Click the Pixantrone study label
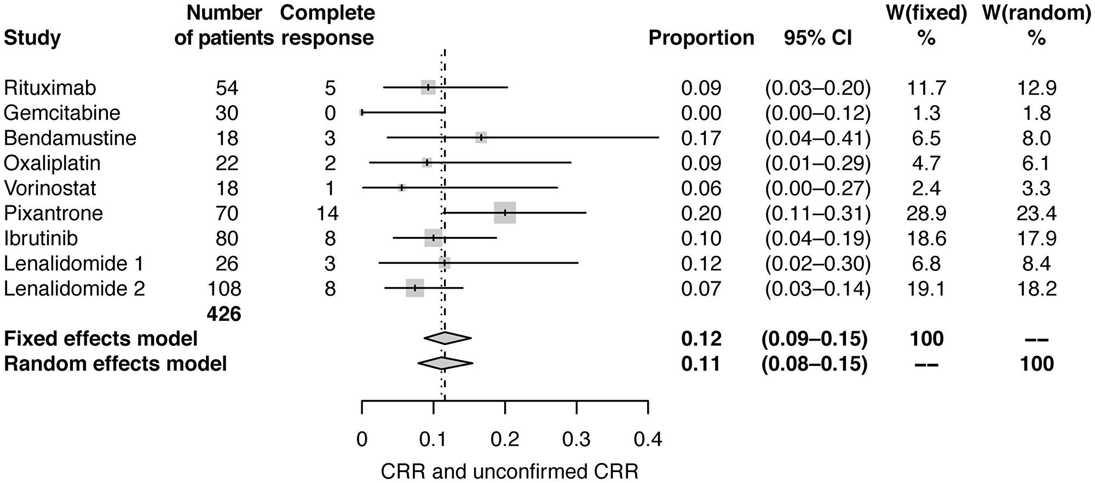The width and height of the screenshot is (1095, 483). click(53, 213)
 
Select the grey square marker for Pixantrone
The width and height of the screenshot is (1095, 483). click(505, 212)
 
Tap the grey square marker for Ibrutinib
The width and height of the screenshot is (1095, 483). click(434, 238)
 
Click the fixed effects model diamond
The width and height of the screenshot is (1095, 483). click(447, 338)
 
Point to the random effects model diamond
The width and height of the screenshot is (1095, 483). click(445, 363)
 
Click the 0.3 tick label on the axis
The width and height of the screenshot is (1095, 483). click(577, 439)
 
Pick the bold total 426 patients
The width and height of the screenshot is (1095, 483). click(224, 314)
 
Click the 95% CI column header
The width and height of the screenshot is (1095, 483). click(818, 38)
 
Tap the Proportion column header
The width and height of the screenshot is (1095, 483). click(701, 38)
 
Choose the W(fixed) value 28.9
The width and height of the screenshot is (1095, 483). click(925, 213)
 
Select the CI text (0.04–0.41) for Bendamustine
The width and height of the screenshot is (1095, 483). click(818, 138)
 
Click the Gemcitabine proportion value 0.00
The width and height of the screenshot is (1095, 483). click(701, 113)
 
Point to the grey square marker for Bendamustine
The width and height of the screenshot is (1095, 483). click(481, 138)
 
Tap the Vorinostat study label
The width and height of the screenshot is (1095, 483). click(50, 188)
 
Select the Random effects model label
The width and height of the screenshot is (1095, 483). click(115, 364)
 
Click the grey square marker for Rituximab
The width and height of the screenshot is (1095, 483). click(428, 88)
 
